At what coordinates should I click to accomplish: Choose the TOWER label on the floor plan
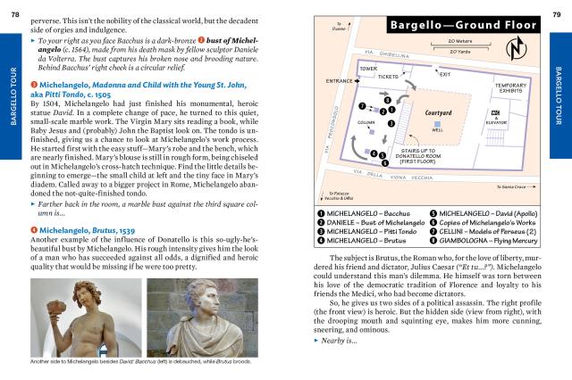[367, 68]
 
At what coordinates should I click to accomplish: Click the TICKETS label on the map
[388, 77]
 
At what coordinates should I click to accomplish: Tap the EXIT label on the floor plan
[444, 74]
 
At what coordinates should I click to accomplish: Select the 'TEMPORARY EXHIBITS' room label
[506, 87]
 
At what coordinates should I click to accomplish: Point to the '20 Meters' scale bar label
[459, 40]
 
